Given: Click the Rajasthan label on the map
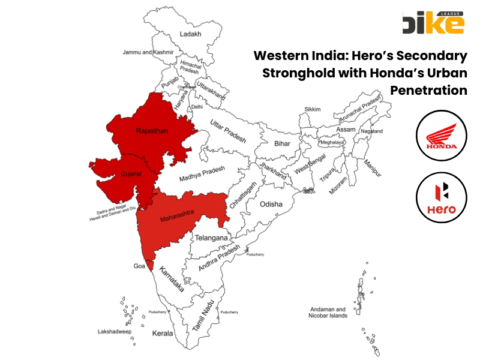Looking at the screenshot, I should [x=152, y=130].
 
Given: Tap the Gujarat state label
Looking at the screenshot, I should [x=131, y=173].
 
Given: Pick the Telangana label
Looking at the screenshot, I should [x=212, y=238].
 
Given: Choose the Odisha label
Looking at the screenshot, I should [x=271, y=205].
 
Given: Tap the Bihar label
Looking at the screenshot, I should [x=282, y=144].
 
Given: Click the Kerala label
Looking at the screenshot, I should [x=163, y=333].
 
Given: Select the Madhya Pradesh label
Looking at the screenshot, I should [x=201, y=173].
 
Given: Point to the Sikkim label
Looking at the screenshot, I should [x=313, y=109].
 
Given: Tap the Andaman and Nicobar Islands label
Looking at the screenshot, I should [x=328, y=312].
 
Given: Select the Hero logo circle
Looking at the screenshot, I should [x=441, y=197].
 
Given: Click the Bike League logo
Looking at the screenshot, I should [x=434, y=22].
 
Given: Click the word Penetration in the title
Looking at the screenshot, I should [x=428, y=91].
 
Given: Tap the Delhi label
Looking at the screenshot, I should [x=197, y=107].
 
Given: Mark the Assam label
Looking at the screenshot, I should [x=346, y=130].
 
